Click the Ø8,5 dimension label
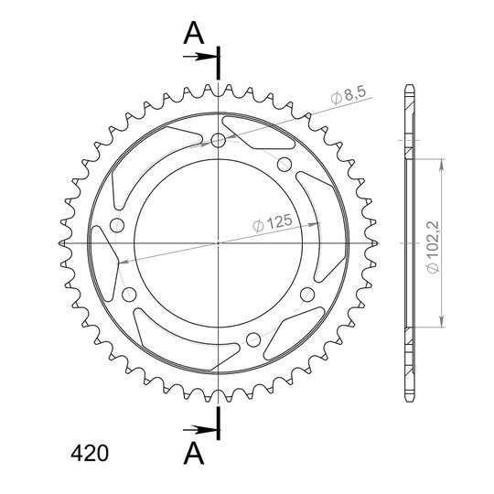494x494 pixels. click(x=349, y=95)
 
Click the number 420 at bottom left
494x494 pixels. click(x=90, y=454)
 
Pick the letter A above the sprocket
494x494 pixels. click(x=194, y=33)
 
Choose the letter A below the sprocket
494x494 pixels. click(x=194, y=453)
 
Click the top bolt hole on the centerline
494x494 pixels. click(x=218, y=140)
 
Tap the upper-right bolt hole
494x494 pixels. click(x=285, y=164)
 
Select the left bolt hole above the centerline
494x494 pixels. click(x=117, y=226)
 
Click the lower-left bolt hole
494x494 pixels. click(x=129, y=295)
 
